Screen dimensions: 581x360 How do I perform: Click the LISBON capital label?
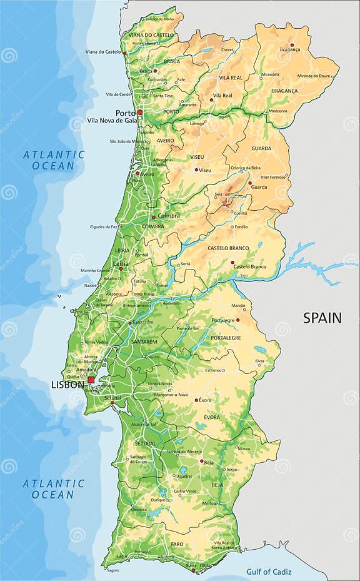pyautogui.click(x=67, y=385)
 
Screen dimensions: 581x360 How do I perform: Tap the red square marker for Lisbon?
pyautogui.click(x=91, y=380)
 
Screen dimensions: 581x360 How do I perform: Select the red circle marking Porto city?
pyautogui.click(x=140, y=113)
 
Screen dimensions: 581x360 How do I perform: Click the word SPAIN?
pyautogui.click(x=322, y=318)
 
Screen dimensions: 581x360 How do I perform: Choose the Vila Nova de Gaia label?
pyautogui.click(x=112, y=120)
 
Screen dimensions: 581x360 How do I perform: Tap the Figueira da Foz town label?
pyautogui.click(x=104, y=226)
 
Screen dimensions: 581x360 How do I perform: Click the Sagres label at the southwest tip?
pyautogui.click(x=112, y=570)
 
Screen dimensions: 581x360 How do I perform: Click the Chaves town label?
pyautogui.click(x=227, y=49)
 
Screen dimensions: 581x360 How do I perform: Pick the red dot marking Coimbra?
pyautogui.click(x=154, y=218)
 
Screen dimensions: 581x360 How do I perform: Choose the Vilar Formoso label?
pyautogui.click(x=272, y=177)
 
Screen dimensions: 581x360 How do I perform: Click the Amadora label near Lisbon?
pyautogui.click(x=86, y=370)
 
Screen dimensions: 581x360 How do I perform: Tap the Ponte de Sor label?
pyautogui.click(x=187, y=328)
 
